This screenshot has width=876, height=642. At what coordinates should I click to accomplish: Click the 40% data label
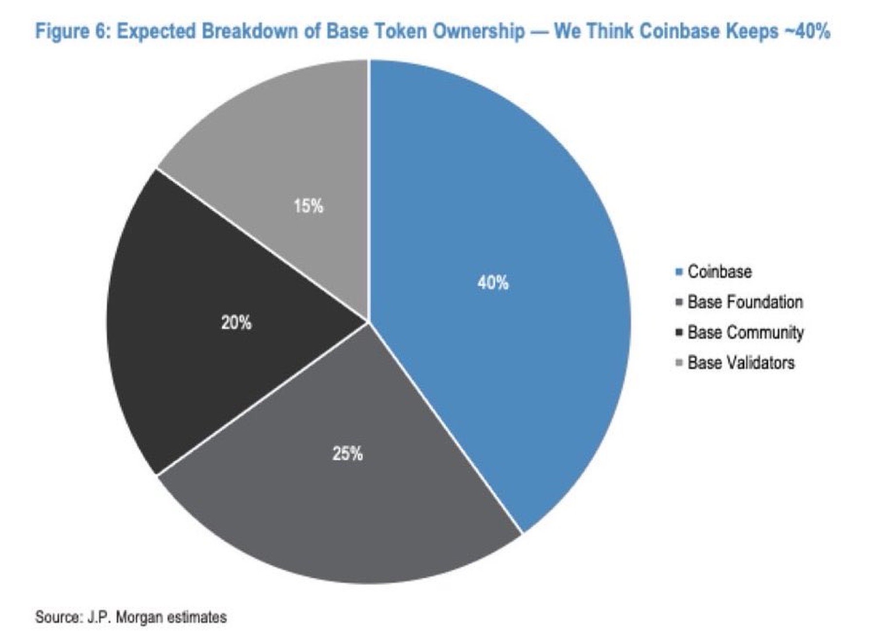(493, 283)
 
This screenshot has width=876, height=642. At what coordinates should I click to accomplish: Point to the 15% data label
(308, 206)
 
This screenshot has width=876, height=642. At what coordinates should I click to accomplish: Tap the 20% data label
(236, 323)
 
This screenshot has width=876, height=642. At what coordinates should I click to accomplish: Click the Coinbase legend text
(720, 272)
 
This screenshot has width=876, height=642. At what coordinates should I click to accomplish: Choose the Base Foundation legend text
(745, 302)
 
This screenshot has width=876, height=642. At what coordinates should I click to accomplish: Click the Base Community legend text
(745, 333)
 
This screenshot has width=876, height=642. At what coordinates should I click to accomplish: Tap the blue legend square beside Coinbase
(679, 272)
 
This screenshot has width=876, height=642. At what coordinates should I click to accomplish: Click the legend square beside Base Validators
(679, 363)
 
